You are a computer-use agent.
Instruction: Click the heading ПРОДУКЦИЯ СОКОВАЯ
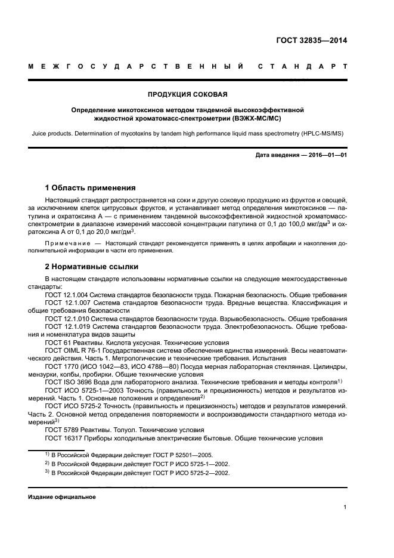pyautogui.click(x=187, y=94)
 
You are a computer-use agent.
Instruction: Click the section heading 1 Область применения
pyautogui.click(x=90, y=187)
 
